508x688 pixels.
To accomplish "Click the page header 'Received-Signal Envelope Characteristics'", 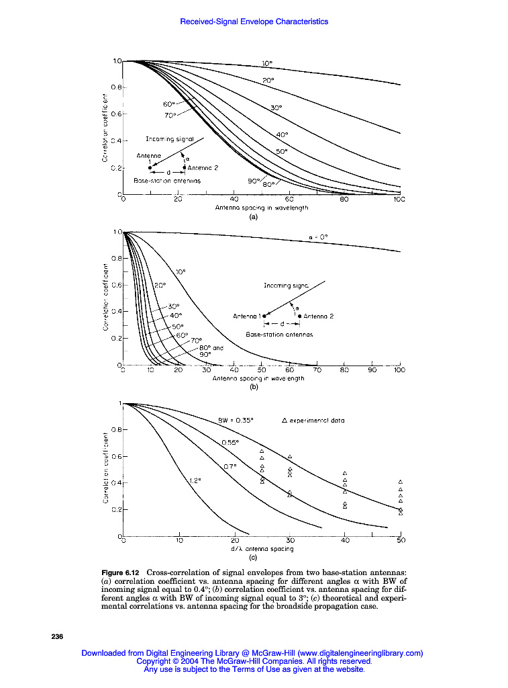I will pos(254,21).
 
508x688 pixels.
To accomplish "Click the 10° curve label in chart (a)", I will pos(267,63).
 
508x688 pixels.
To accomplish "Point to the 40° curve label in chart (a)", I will pos(282,134).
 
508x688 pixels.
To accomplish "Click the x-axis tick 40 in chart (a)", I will pos(234,200).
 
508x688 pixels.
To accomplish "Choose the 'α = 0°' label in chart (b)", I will pos(318,236).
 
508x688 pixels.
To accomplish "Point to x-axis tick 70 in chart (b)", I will pos(317,370).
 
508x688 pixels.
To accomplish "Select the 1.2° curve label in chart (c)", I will pos(195,480).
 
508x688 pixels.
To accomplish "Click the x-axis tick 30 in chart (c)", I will pos(290,540).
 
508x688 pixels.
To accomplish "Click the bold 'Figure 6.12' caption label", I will pos(120,572).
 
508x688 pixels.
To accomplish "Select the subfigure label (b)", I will pos(254,388).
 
